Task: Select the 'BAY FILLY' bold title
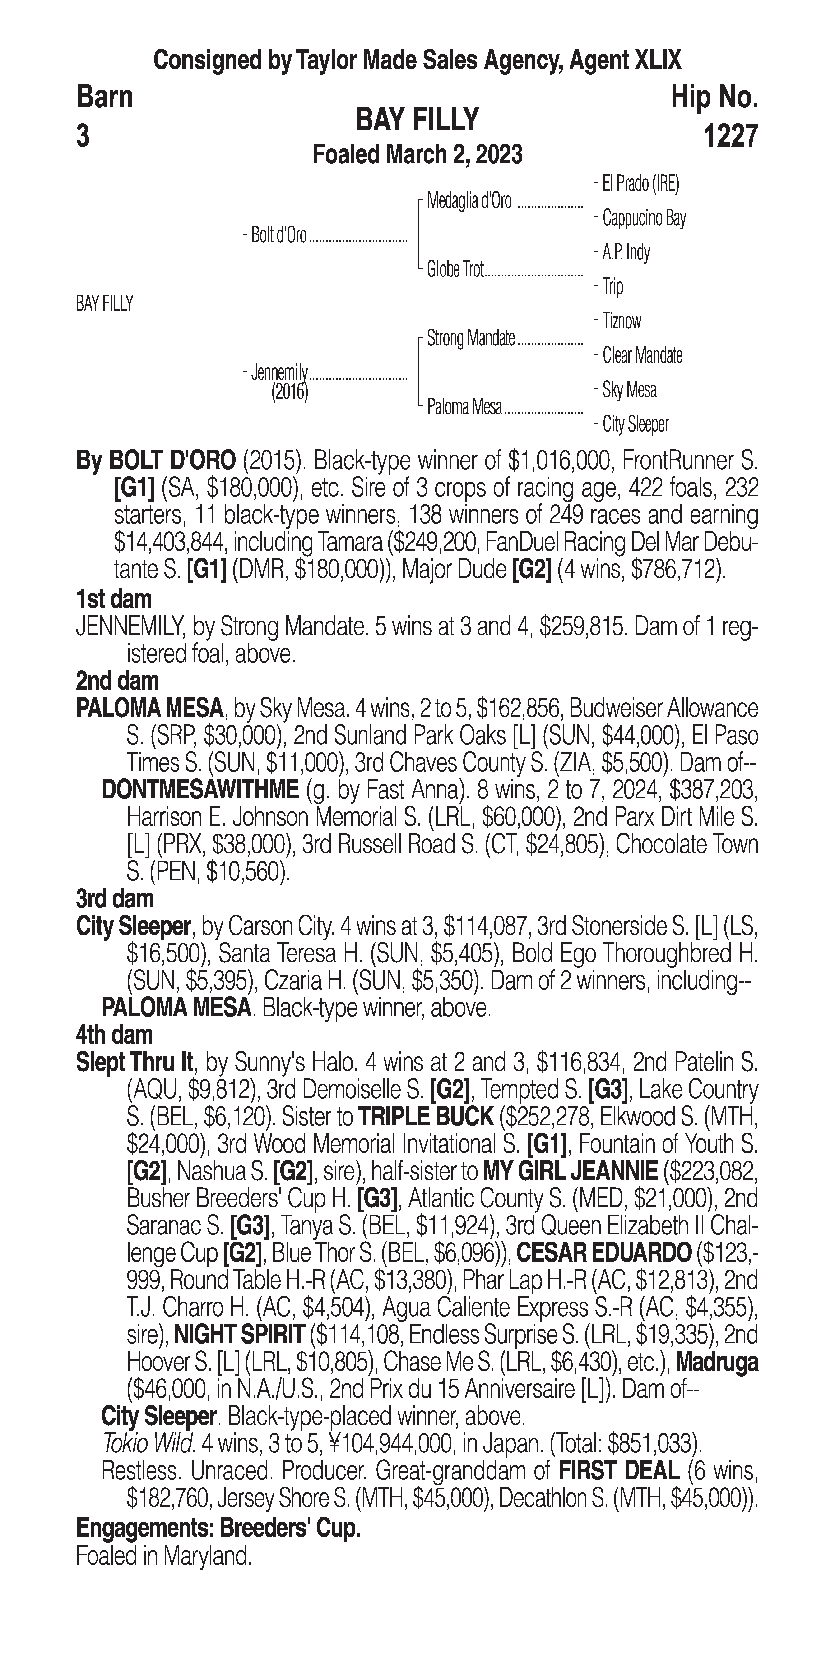(x=417, y=120)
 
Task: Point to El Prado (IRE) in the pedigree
(x=640, y=184)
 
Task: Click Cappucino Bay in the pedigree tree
(x=643, y=219)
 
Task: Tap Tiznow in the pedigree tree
(x=622, y=321)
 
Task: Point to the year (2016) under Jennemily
(x=289, y=392)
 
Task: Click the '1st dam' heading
(x=114, y=599)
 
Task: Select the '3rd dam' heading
(x=115, y=899)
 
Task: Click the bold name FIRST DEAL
(x=618, y=1471)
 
